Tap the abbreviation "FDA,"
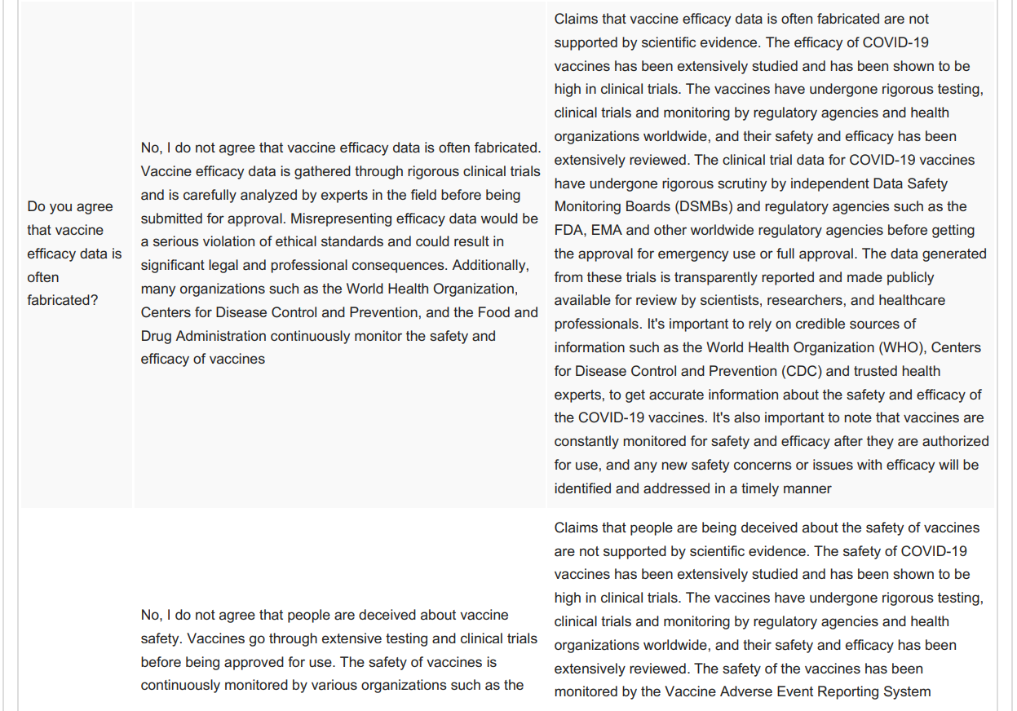(569, 231)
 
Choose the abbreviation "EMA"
(604, 231)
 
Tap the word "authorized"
(950, 441)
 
